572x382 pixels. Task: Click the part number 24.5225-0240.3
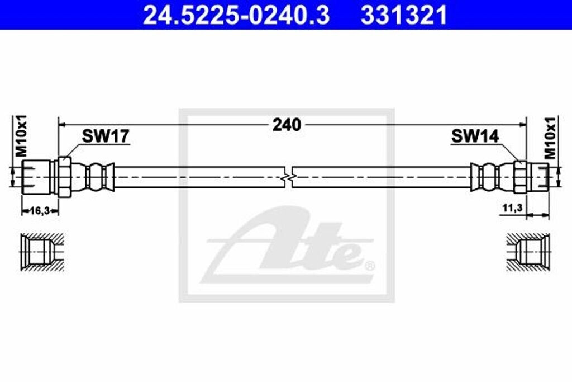pyautogui.click(x=236, y=15)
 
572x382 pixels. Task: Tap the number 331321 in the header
pyautogui.click(x=404, y=15)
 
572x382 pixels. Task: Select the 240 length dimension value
pyautogui.click(x=287, y=125)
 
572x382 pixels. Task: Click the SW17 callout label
pyautogui.click(x=106, y=136)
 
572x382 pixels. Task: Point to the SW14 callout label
pyautogui.click(x=475, y=136)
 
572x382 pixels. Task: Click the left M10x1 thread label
pyautogui.click(x=21, y=136)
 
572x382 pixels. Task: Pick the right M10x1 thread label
pyautogui.click(x=551, y=136)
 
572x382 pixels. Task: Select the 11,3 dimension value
pyautogui.click(x=512, y=208)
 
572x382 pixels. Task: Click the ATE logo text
pyautogui.click(x=290, y=246)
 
